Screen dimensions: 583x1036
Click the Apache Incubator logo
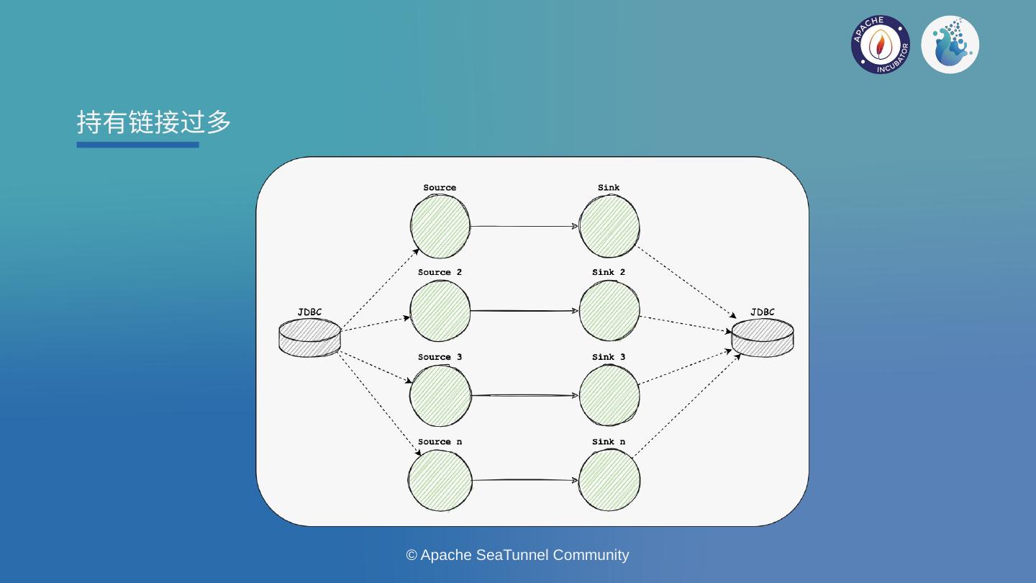880,45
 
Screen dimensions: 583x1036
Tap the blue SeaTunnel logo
950,45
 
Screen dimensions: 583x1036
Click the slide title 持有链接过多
154,122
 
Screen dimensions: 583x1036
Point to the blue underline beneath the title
137,145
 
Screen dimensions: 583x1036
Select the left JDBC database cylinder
309,338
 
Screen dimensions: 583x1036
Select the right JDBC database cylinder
763,338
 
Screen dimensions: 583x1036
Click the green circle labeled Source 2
440,311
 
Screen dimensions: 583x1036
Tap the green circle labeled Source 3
440,396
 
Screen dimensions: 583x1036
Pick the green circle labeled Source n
440,480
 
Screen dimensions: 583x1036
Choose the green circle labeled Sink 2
609,311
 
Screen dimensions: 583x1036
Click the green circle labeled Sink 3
609,396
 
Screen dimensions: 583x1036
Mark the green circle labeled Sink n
609,480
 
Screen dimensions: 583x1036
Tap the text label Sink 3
609,357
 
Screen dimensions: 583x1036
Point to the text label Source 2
440,272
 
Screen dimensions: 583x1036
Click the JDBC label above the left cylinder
309,312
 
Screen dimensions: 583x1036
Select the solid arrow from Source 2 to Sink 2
524,311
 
